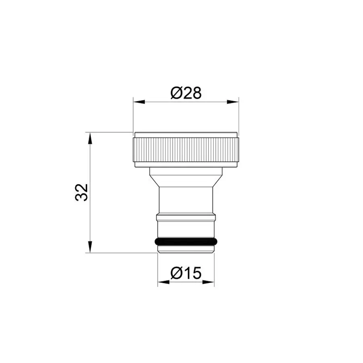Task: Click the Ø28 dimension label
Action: (x=186, y=93)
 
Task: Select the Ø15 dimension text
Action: (x=186, y=274)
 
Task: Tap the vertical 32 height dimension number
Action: (x=81, y=192)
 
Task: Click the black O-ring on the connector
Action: (x=186, y=242)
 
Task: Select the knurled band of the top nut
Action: (x=186, y=149)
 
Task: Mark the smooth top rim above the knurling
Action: (x=186, y=135)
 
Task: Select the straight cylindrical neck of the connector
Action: (x=186, y=200)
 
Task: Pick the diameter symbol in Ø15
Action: (x=176, y=274)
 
